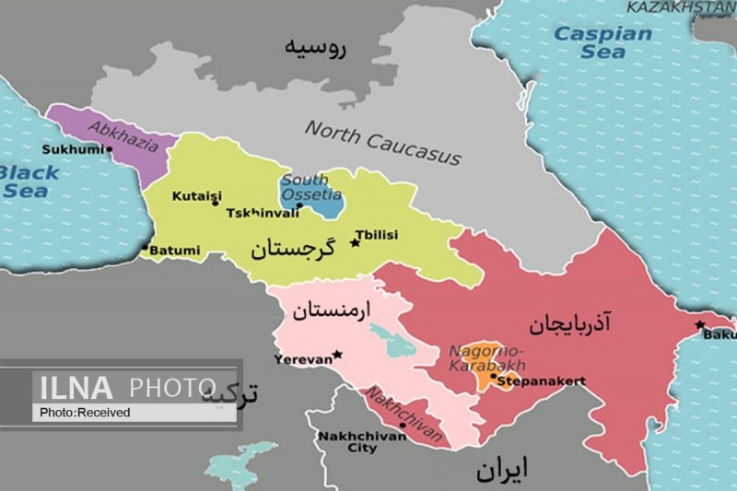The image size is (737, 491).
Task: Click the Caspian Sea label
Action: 602,42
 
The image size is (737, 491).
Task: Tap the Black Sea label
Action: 29,181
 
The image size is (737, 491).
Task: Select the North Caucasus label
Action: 382,143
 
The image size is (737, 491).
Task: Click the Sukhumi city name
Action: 74,149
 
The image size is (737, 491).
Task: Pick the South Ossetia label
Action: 311,188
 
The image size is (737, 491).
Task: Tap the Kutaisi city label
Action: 195,197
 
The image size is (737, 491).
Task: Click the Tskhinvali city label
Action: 263,213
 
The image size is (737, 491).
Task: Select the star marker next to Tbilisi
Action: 355,244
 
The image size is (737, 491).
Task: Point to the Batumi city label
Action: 172,249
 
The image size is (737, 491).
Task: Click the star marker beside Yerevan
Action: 337,355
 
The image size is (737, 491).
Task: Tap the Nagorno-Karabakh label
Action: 485,357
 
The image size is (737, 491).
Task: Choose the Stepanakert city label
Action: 541,380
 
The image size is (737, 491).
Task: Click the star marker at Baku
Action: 700,324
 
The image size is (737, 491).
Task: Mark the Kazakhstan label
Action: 681,6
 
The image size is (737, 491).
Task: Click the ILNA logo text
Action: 74,386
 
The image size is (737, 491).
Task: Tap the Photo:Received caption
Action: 85,413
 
